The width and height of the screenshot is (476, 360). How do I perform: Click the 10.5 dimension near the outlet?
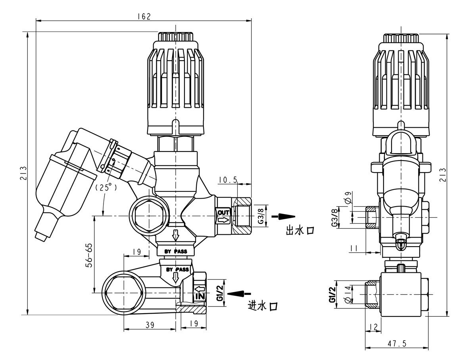[228, 180]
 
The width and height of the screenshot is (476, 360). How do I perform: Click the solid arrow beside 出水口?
[284, 216]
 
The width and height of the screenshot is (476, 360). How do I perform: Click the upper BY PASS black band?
[175, 251]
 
